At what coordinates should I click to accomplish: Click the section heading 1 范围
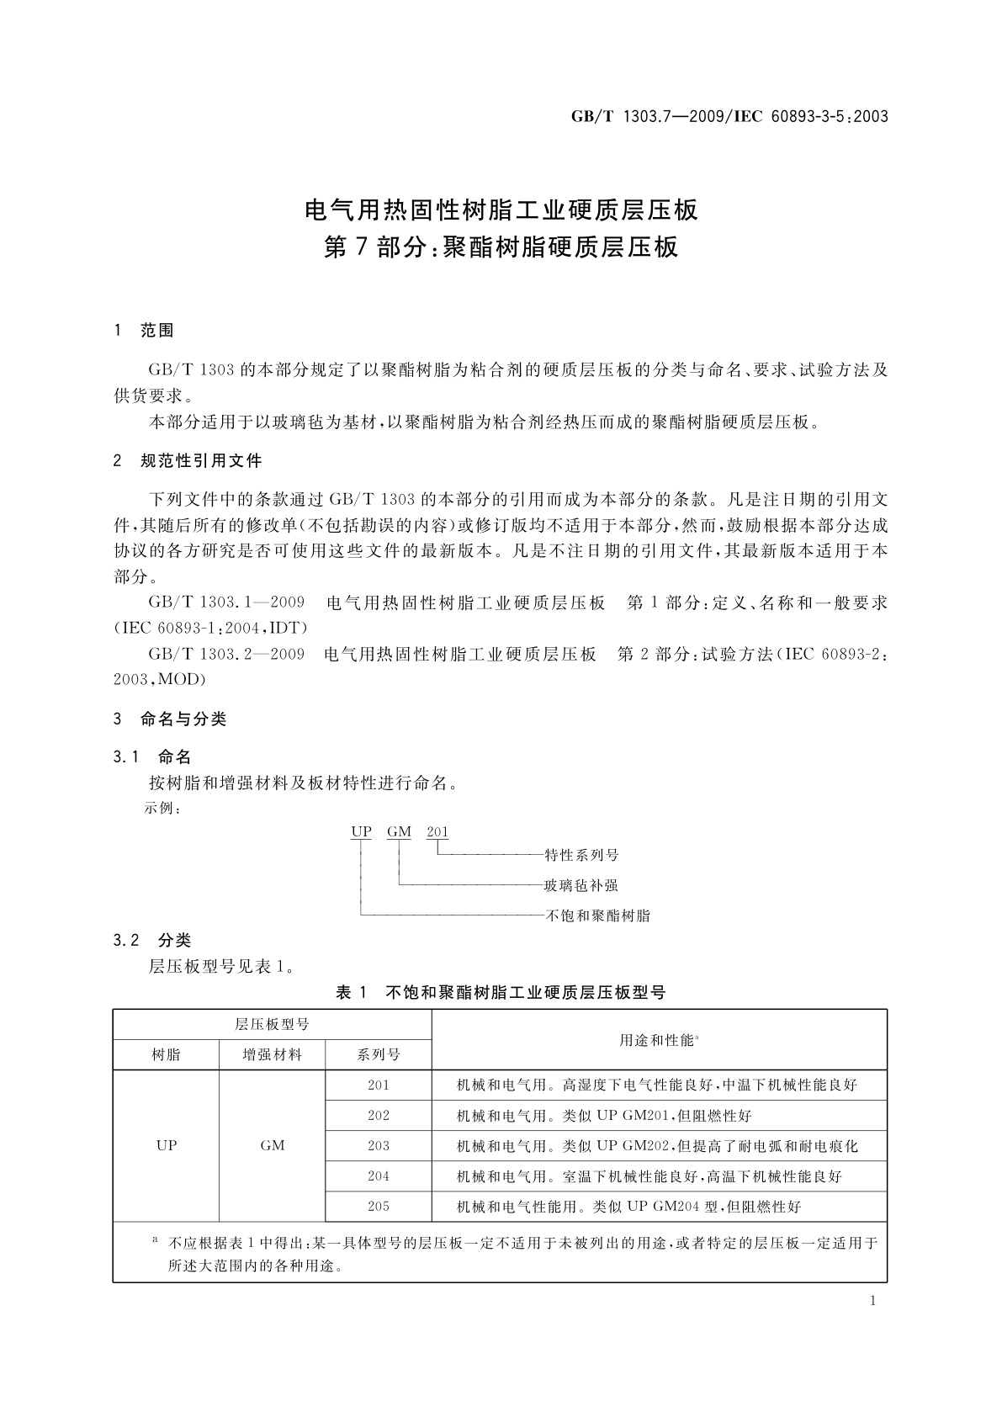click(x=144, y=331)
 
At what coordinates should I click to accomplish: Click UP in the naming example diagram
click(x=361, y=831)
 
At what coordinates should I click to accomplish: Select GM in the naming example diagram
click(x=399, y=831)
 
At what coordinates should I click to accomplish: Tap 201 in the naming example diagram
click(x=437, y=831)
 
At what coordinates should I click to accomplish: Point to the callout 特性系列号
click(x=581, y=855)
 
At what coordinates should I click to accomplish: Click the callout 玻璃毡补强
click(x=581, y=885)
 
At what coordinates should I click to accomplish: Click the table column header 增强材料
click(x=272, y=1054)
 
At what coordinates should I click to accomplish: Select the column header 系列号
click(x=379, y=1054)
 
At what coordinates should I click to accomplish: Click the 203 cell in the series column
click(x=379, y=1145)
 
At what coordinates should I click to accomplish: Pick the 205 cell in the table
click(x=379, y=1206)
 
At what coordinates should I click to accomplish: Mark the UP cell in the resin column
click(x=167, y=1145)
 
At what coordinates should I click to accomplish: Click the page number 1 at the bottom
click(x=872, y=1301)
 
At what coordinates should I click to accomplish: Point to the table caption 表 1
click(x=352, y=993)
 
